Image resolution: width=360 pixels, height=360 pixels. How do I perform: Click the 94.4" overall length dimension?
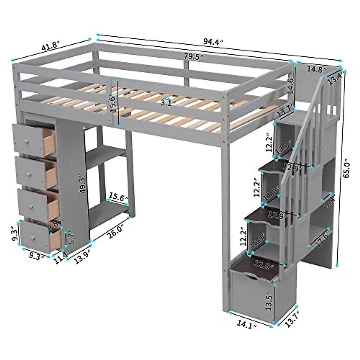click(213, 42)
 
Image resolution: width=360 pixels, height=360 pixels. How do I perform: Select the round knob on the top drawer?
click(26, 141)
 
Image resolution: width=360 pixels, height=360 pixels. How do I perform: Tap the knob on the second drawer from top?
click(29, 174)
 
